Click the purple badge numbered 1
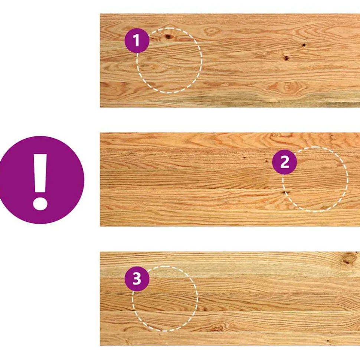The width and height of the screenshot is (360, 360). (137, 41)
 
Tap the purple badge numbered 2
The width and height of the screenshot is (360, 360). (284, 162)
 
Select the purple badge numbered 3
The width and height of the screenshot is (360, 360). (137, 279)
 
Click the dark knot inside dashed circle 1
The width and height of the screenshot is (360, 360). (168, 36)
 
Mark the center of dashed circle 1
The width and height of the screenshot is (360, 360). (170, 60)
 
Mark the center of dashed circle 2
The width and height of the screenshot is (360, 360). (315, 179)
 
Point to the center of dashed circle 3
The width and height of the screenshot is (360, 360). (165, 298)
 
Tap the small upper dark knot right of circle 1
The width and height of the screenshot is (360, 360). (304, 45)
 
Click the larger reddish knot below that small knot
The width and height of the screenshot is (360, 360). (286, 58)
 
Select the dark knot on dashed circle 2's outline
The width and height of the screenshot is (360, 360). (285, 192)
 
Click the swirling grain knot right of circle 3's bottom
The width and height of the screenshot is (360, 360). (217, 327)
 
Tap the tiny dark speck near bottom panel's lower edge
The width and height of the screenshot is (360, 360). (328, 341)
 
